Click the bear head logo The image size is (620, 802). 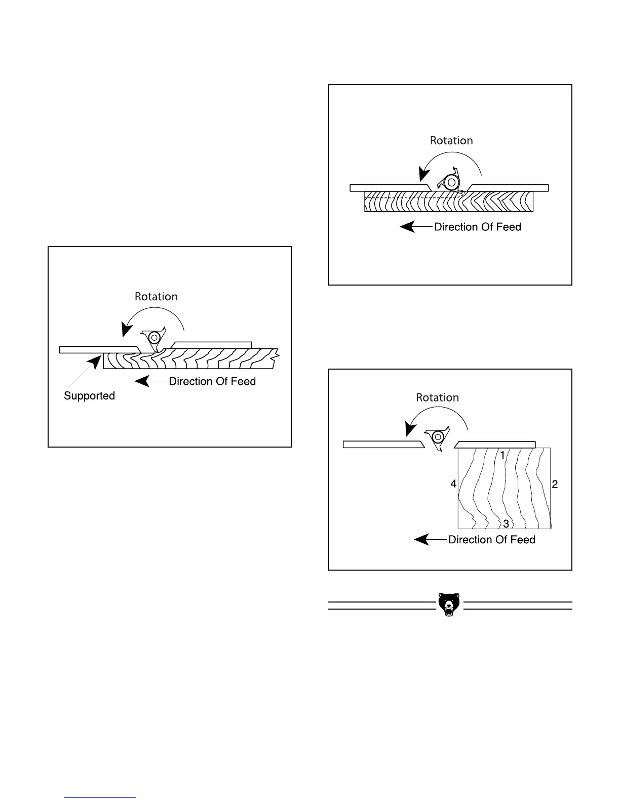[x=448, y=605]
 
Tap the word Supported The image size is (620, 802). [x=89, y=396]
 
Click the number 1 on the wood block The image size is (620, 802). [x=502, y=456]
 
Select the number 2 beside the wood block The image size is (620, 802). [x=555, y=485]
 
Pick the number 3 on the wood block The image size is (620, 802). [x=506, y=524]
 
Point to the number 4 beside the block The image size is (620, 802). [x=453, y=485]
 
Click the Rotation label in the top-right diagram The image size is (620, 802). [x=451, y=141]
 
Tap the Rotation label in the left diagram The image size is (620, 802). [x=156, y=297]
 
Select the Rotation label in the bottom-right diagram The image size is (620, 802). [x=437, y=398]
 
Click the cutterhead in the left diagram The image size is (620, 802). [x=152, y=339]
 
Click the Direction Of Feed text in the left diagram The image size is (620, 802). [x=212, y=381]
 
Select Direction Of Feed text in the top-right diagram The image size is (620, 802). [x=478, y=227]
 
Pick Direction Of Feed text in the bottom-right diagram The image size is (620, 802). [x=492, y=540]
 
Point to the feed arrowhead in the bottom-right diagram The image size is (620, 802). [x=422, y=540]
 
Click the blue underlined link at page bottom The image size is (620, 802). [x=100, y=797]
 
